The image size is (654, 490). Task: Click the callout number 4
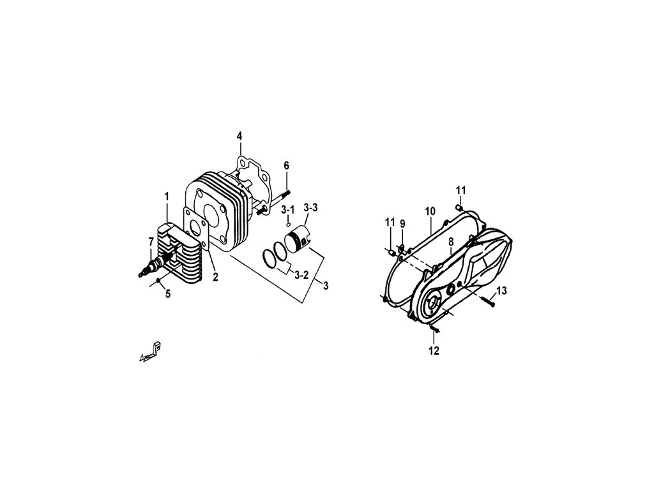pyautogui.click(x=240, y=136)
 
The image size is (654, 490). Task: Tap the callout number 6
pyautogui.click(x=287, y=165)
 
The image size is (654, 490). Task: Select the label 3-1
pyautogui.click(x=289, y=209)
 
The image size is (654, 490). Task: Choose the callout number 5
pyautogui.click(x=168, y=294)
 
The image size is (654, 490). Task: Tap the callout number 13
pyautogui.click(x=501, y=291)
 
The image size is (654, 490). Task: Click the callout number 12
pyautogui.click(x=434, y=351)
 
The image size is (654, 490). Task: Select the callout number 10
pyautogui.click(x=430, y=211)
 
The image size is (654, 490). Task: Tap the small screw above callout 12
pyautogui.click(x=434, y=329)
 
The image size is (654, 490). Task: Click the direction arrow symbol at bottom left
pyautogui.click(x=149, y=353)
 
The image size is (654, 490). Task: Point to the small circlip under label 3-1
pyautogui.click(x=289, y=224)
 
